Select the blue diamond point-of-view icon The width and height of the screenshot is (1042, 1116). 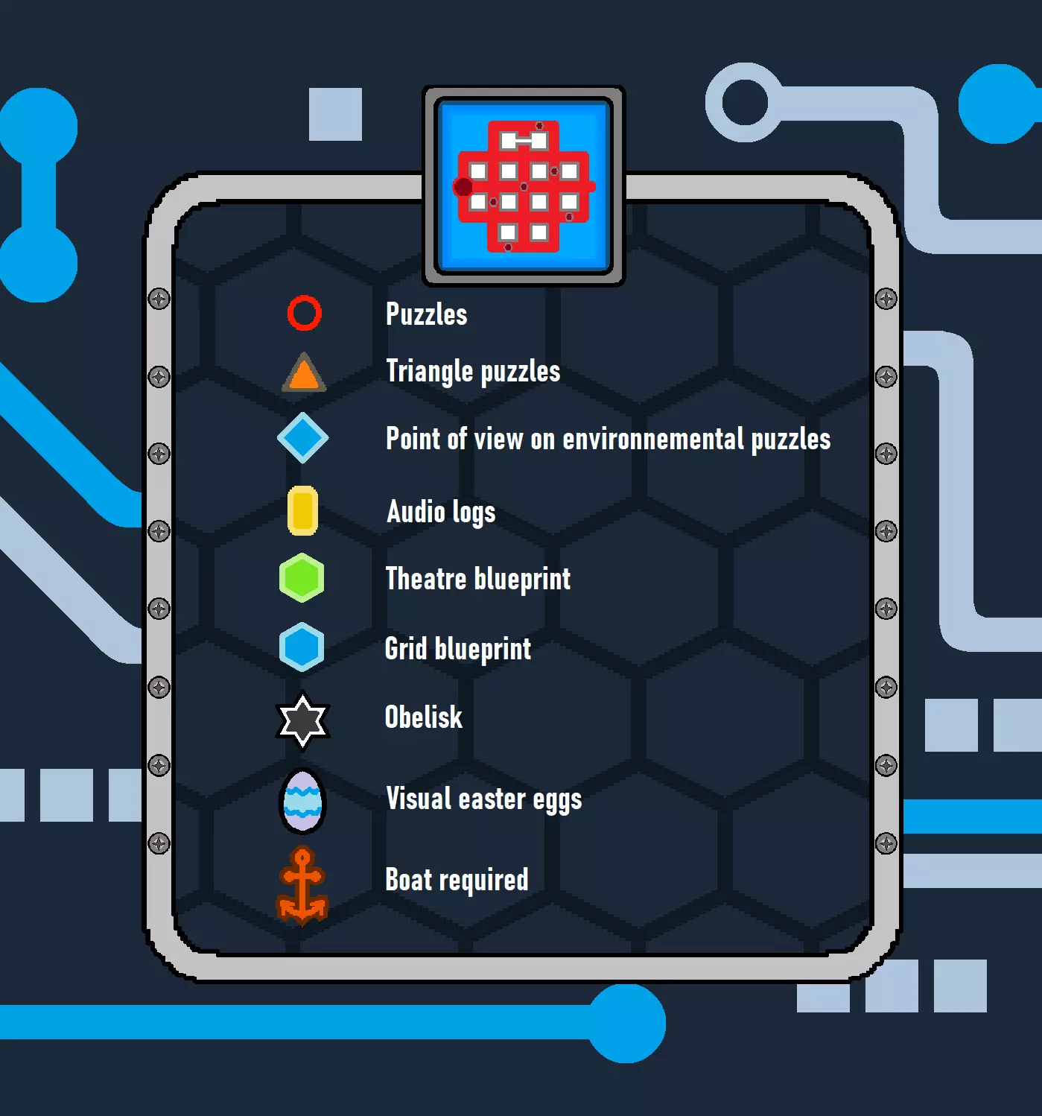(x=303, y=438)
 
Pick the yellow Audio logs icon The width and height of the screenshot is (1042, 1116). (x=303, y=511)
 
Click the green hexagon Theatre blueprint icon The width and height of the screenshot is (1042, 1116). (x=302, y=577)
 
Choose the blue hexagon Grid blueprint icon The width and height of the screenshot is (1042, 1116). (x=302, y=647)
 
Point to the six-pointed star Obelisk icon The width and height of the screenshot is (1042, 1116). (x=302, y=720)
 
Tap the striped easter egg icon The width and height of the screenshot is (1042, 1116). (x=302, y=801)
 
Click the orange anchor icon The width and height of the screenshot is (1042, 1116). (x=302, y=886)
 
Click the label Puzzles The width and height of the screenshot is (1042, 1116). (x=427, y=314)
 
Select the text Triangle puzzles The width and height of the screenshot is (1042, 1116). (x=473, y=372)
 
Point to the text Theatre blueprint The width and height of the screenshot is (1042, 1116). (x=478, y=580)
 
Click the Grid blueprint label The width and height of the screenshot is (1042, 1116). (x=458, y=650)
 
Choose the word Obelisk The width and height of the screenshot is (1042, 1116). (x=424, y=717)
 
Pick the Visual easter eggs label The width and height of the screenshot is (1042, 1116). (x=484, y=799)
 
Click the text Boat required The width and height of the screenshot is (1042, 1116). (x=457, y=880)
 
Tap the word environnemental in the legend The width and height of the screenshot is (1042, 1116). (x=653, y=439)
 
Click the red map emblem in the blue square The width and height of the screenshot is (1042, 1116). (x=524, y=186)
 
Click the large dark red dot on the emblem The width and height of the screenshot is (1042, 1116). (x=463, y=186)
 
